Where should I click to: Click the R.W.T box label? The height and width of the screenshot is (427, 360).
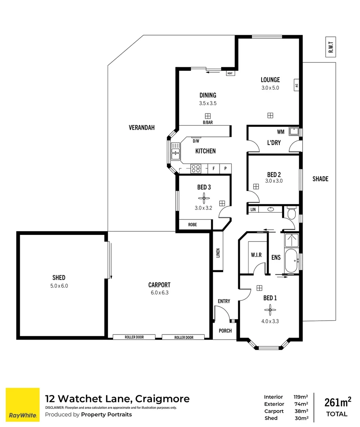331,48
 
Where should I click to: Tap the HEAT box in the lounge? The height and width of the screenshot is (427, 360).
230,73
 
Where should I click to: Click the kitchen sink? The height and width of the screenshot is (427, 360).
174,151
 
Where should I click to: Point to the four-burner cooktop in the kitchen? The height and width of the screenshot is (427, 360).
196,169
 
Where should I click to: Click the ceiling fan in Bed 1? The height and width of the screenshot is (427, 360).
270,308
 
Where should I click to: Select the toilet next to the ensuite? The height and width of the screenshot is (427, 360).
292,214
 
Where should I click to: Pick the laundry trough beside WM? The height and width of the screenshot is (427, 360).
294,131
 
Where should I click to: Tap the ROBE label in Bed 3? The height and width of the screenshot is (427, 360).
192,225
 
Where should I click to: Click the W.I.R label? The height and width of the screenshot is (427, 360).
256,255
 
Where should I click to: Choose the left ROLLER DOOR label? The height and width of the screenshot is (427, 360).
134,337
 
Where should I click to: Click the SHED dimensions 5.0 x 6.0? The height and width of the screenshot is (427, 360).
59,285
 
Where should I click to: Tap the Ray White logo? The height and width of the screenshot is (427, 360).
23,404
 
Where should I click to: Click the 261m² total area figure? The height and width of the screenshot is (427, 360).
337,402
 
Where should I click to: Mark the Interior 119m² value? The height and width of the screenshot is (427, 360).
300,397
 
